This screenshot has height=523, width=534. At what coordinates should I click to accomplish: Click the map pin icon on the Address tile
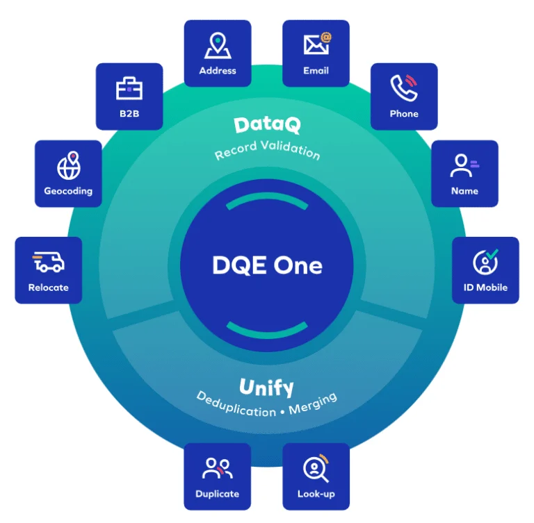218,45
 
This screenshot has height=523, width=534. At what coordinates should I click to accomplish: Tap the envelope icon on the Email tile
317,44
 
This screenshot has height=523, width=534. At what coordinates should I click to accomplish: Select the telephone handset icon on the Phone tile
404,88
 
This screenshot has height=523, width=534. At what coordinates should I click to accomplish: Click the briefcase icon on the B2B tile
129,88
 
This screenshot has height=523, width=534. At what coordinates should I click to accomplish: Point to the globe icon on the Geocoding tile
69,165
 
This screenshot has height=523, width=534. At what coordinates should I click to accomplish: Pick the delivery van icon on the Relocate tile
49,262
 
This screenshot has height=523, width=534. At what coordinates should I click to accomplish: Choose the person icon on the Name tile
464,166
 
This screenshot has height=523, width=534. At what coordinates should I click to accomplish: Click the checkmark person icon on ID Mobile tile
485,261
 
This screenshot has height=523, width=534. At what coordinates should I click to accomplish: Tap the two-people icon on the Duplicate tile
218,468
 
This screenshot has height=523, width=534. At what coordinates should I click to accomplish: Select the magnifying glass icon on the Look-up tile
316,468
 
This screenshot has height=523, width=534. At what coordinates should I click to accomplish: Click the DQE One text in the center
267,265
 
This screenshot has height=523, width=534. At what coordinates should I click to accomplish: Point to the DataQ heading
267,125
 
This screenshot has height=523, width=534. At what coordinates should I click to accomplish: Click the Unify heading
266,388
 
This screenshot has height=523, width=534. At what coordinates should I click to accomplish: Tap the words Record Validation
267,150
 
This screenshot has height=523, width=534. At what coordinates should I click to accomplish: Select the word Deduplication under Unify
236,405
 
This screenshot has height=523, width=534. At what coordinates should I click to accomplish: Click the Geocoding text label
68,191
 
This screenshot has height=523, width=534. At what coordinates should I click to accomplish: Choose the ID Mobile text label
485,288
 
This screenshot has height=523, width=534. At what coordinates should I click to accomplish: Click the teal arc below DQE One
267,330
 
